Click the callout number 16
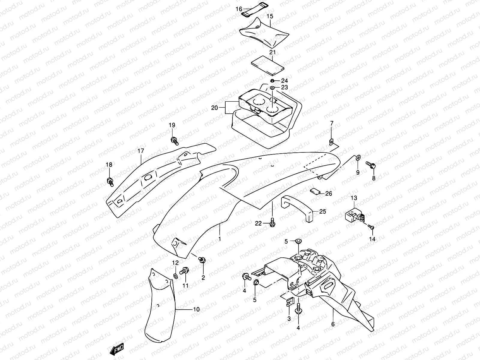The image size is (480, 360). click(x=239, y=9)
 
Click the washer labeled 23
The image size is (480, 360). click(x=272, y=88)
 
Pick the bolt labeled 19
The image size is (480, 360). click(x=174, y=140)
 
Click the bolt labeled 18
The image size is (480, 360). click(x=110, y=181)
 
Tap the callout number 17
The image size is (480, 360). click(x=141, y=151)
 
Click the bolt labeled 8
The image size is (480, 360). click(x=370, y=164)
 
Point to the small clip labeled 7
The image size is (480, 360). click(x=331, y=142)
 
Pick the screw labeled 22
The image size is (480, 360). click(x=272, y=223)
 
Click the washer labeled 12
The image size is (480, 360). click(x=175, y=275)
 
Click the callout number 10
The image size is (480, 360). click(x=196, y=309)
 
